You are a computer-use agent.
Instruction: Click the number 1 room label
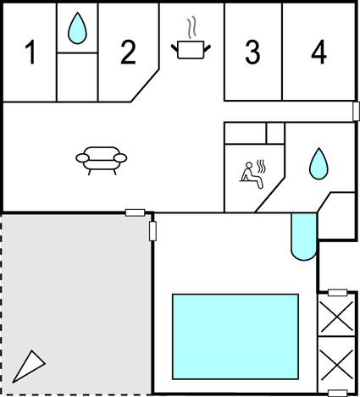pyautogui.click(x=30, y=52)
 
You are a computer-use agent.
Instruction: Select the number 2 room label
pyautogui.click(x=129, y=52)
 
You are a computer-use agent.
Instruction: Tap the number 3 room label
pyautogui.click(x=252, y=52)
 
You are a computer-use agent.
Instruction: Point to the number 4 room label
pyautogui.click(x=318, y=52)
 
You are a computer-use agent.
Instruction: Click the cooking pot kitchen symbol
pyautogui.click(x=191, y=50)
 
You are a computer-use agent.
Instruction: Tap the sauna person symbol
pyautogui.click(x=252, y=175)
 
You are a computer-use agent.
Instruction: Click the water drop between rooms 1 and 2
pyautogui.click(x=77, y=28)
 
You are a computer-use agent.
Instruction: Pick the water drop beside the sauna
pyautogui.click(x=319, y=163)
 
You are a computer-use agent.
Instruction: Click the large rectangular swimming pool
pyautogui.click(x=235, y=337)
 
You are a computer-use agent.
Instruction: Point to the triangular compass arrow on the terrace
pyautogui.click(x=28, y=367)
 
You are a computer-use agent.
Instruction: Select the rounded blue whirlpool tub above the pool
pyautogui.click(x=304, y=236)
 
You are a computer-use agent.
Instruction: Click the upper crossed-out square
pyautogui.click(x=337, y=316)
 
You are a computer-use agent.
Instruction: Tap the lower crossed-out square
pyautogui.click(x=337, y=363)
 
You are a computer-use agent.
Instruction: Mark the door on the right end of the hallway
pyautogui.click(x=357, y=111)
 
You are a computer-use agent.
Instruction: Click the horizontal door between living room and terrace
pyautogui.click(x=135, y=212)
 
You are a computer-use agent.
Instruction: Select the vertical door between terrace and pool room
pyautogui.click(x=152, y=231)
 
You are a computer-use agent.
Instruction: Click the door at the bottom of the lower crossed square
pyautogui.click(x=338, y=393)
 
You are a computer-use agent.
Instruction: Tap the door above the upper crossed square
pyautogui.click(x=338, y=293)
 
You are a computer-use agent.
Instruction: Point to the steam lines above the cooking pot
pyautogui.click(x=191, y=29)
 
